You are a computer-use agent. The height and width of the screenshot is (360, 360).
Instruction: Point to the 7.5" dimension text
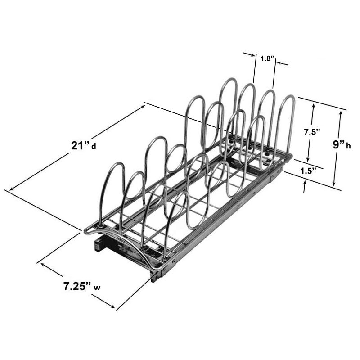click(x=311, y=132)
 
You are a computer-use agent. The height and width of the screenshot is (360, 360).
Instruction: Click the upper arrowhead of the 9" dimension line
click(x=340, y=112)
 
